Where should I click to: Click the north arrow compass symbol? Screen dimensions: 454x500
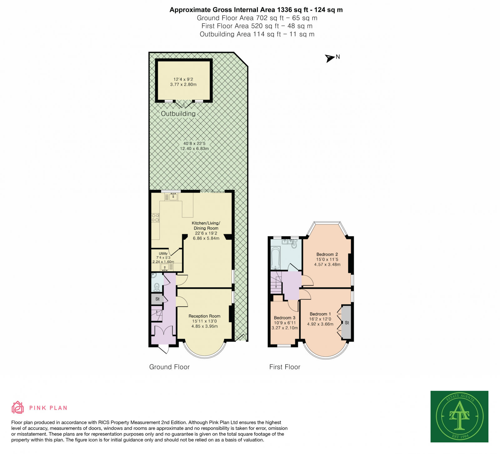(x=329, y=58)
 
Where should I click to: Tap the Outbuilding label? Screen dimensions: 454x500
(x=178, y=114)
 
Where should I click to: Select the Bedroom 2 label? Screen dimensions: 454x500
(x=327, y=254)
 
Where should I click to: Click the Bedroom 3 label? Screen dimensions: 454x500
(x=284, y=318)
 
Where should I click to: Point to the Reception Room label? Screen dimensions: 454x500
(x=204, y=316)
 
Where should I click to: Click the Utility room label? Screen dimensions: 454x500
(x=163, y=253)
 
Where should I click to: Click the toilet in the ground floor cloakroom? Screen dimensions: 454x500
(x=157, y=287)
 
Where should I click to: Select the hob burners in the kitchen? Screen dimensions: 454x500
(x=155, y=218)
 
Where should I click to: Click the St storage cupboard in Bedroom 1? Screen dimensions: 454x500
(x=347, y=323)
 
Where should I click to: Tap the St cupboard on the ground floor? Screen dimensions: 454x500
(x=157, y=299)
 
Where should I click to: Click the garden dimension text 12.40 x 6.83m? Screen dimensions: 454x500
(x=194, y=149)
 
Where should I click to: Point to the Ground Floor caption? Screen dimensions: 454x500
(x=169, y=367)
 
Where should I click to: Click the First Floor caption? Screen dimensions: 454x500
(x=285, y=367)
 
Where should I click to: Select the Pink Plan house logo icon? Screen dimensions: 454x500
(x=17, y=407)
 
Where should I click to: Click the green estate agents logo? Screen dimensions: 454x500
(x=459, y=416)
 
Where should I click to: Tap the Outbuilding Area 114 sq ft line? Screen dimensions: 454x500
(x=257, y=34)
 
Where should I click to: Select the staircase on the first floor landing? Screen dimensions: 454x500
(x=276, y=282)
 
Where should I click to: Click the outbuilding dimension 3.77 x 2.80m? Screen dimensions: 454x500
(x=183, y=84)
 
